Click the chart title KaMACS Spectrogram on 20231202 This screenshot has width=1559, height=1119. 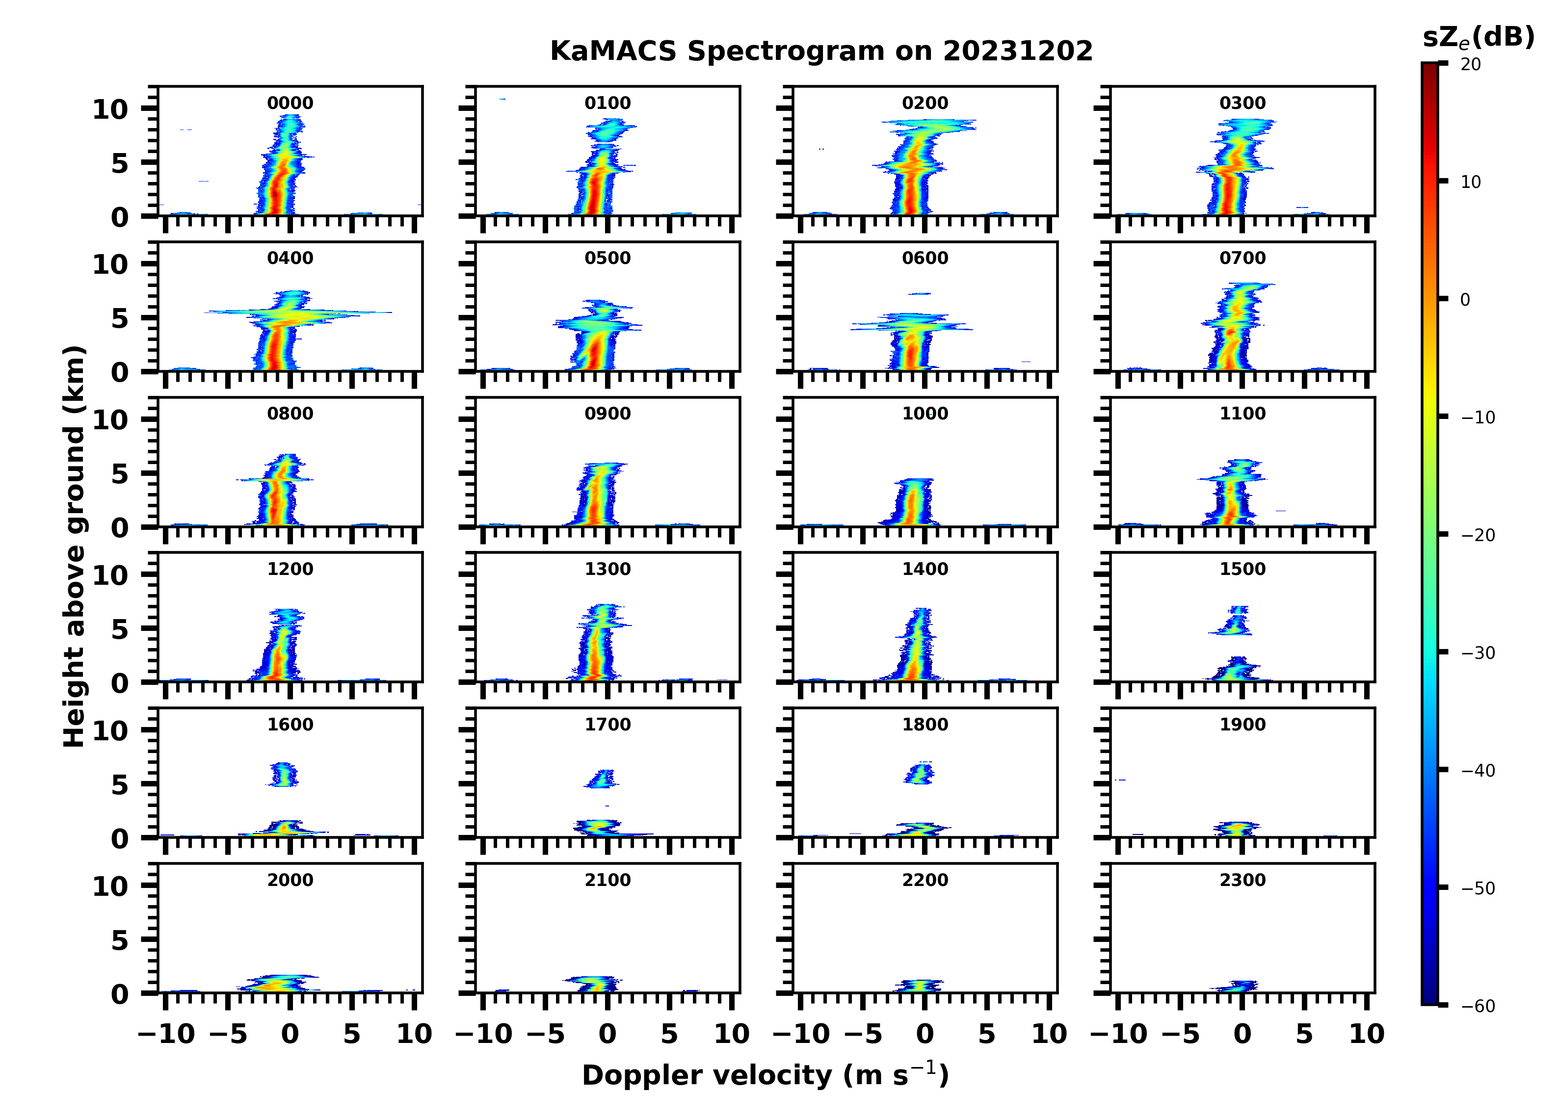(821, 52)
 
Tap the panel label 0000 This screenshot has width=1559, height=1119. (290, 103)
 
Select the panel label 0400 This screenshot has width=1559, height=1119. (290, 259)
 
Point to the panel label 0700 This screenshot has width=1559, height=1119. (1242, 259)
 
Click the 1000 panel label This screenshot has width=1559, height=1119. (925, 414)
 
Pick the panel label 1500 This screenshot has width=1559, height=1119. (1242, 569)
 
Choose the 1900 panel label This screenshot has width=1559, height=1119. (1242, 725)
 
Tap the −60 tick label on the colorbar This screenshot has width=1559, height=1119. (1478, 1006)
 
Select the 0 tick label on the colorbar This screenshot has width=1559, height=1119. (1465, 300)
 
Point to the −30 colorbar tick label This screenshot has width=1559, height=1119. (1478, 653)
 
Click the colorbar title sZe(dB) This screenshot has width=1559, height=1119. (1478, 37)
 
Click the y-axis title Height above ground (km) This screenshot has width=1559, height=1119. (74, 546)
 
